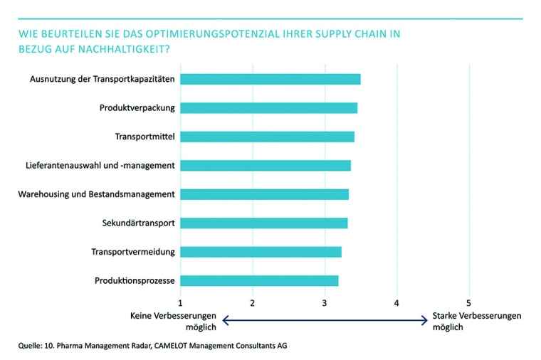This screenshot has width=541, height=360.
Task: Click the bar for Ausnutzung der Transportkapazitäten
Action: coord(270,79)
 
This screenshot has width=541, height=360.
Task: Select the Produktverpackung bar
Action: coord(269,108)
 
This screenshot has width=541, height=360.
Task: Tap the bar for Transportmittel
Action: coord(267,137)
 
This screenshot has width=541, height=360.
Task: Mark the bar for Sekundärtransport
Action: coord(264,223)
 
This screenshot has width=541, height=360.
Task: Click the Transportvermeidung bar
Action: coord(261,252)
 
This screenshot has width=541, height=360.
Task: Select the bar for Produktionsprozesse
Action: coord(259,280)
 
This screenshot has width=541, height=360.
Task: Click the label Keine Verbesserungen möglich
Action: coord(174,321)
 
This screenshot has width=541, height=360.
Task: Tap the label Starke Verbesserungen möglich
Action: coord(476,321)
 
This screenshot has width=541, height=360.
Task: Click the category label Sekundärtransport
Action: coord(139,223)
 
